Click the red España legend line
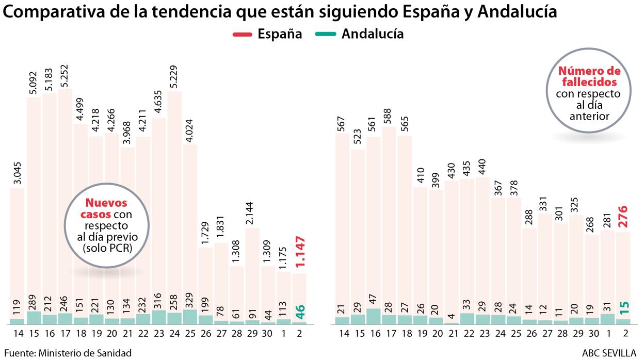242,35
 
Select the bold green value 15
624,308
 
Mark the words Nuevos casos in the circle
106,209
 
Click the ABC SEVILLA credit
609,353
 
